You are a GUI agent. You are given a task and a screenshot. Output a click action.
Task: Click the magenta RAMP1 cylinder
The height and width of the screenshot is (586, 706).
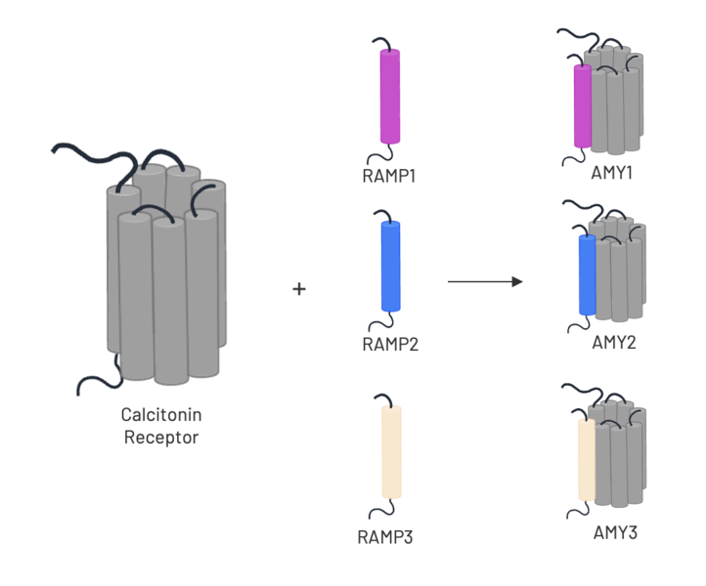[x=389, y=97]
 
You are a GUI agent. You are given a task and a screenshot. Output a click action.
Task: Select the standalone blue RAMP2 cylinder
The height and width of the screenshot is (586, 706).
[x=389, y=267]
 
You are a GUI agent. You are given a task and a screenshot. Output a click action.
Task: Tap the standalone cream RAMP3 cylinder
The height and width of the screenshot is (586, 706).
[x=390, y=451]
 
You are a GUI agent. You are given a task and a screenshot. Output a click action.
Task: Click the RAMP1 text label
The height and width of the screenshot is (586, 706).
[x=389, y=177]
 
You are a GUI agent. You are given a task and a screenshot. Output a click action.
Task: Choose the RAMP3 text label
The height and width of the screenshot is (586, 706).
[x=387, y=536]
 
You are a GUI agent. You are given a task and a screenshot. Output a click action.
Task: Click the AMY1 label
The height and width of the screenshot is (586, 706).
[x=614, y=173]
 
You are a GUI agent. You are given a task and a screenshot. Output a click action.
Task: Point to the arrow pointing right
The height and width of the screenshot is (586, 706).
[x=485, y=282]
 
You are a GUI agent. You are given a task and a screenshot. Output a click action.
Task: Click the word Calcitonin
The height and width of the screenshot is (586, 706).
[x=161, y=415]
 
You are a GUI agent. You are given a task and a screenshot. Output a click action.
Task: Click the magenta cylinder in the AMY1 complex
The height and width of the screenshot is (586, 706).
[x=583, y=107]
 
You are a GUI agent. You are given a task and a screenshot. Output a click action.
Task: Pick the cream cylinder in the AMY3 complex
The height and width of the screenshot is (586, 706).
[x=588, y=461]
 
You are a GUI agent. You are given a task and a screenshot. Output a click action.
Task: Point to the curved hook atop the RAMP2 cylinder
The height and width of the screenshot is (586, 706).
[x=384, y=214]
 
